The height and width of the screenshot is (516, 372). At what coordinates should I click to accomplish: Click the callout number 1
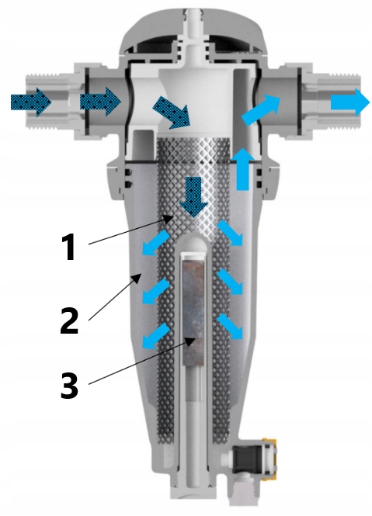click(68, 248)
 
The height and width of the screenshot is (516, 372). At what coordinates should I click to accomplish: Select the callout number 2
click(70, 320)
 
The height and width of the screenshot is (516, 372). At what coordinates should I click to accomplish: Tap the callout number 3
click(70, 386)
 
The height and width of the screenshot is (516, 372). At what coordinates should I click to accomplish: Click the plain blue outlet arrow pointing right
click(350, 102)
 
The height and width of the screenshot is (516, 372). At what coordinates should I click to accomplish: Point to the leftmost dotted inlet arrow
click(31, 102)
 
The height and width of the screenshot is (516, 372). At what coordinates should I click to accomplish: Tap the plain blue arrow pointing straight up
click(243, 169)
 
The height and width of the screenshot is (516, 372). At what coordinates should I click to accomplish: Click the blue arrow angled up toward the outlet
click(261, 109)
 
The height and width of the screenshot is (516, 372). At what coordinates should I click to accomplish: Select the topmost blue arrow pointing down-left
click(155, 243)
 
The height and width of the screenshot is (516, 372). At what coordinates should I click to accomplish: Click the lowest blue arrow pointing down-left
click(155, 336)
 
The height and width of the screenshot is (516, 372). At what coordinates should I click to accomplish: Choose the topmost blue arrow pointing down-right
click(230, 233)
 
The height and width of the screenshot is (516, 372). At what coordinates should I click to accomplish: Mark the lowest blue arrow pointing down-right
click(230, 327)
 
